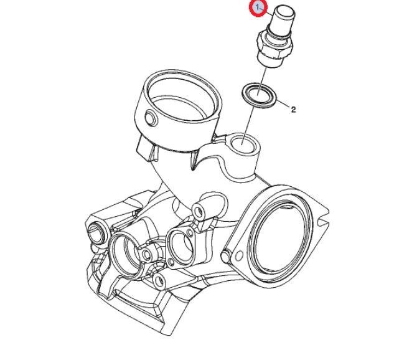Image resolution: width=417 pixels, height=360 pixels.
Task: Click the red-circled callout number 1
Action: tap(258, 7)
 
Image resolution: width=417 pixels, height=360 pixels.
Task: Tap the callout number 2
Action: tap(293, 110)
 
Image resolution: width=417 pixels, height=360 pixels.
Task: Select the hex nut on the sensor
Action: tap(275, 45)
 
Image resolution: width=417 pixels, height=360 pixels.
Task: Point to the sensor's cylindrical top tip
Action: tap(285, 14)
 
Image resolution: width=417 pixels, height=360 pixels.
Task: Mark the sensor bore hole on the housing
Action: tap(243, 144)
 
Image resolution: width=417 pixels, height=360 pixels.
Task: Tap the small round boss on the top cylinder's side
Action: tap(152, 118)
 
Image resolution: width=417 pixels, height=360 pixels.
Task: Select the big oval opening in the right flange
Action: tap(280, 236)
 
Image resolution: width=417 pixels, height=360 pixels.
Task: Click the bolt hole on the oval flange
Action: tap(239, 256)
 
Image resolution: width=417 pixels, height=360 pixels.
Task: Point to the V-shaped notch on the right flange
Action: tap(324, 219)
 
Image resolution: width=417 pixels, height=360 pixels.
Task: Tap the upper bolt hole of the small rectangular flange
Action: tap(190, 233)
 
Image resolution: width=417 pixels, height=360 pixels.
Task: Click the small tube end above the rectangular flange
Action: tap(198, 212)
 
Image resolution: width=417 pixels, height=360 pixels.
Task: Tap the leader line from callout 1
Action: tap(268, 12)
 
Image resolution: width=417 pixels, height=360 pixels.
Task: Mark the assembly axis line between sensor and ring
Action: tap(262, 80)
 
